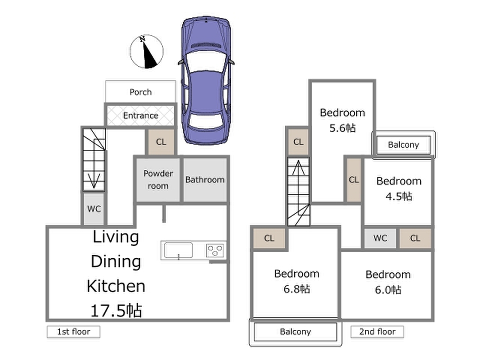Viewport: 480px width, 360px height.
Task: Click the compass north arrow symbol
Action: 146,51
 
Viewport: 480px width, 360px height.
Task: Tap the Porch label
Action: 140,92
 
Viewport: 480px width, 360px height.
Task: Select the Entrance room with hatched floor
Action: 140,115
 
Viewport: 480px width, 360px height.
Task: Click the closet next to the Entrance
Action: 161,142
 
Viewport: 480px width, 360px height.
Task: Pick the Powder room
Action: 158,180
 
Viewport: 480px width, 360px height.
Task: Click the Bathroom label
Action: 205,180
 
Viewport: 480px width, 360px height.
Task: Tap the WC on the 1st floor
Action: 94,209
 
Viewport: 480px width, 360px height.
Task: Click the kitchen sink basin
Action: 178,250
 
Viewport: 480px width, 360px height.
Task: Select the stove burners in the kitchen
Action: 215,251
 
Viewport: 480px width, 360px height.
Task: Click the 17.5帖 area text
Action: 116,310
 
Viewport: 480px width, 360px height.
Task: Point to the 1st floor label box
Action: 73,332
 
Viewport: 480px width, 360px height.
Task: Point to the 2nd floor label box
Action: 377,332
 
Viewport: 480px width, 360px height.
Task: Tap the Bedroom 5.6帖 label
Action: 342,120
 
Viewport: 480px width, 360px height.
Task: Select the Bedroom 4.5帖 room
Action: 398,192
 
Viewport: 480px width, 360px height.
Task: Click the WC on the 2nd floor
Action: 380,238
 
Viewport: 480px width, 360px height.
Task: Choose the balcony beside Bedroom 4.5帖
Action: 404,145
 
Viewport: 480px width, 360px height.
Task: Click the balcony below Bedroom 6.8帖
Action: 296,332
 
